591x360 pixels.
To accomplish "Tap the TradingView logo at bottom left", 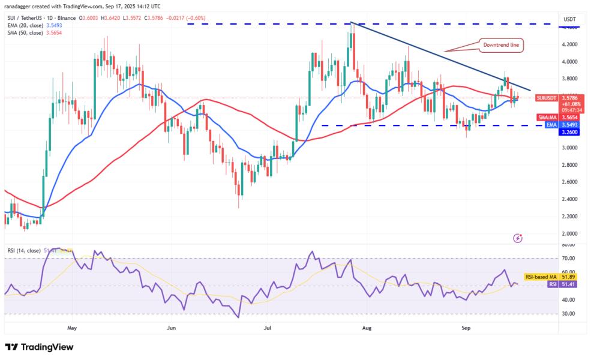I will pyautogui.click(x=39, y=347).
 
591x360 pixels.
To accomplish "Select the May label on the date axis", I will pyautogui.click(x=73, y=328).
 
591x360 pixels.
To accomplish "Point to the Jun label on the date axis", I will pyautogui.click(x=172, y=328).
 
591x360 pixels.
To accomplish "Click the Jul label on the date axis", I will pyautogui.click(x=268, y=328).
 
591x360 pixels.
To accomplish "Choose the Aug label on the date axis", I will pyautogui.click(x=368, y=328).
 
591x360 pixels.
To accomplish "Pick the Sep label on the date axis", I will pyautogui.click(x=466, y=328).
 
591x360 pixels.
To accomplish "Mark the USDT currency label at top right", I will pyautogui.click(x=568, y=20).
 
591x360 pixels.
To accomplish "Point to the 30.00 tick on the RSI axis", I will pyautogui.click(x=568, y=313).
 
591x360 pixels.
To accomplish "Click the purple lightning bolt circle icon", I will pyautogui.click(x=518, y=238).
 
